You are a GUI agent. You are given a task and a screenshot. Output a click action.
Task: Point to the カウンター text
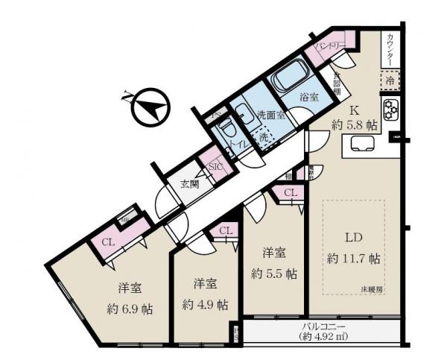click(391, 50)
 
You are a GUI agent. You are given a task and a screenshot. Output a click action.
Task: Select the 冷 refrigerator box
click(390, 79)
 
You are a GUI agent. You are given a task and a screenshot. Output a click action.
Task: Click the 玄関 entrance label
click(189, 184)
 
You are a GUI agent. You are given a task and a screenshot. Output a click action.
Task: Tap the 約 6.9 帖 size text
click(129, 309)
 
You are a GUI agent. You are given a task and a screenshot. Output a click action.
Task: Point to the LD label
click(354, 239)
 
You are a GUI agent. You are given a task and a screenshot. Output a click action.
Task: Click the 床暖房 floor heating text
click(372, 288)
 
